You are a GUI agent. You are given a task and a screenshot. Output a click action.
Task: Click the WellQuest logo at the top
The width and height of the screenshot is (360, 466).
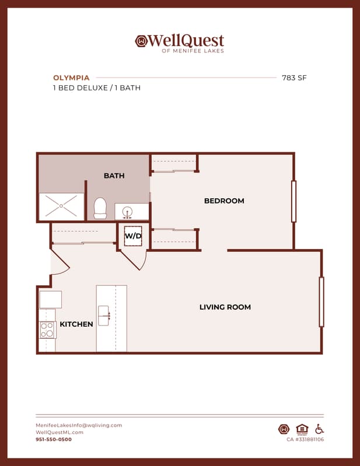point(180,43)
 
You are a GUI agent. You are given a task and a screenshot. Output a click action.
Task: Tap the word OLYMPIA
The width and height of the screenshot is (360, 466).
point(71,78)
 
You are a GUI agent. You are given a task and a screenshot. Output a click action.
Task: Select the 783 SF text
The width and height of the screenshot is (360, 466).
point(294,78)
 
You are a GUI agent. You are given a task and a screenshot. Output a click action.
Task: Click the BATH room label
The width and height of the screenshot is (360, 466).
point(114,176)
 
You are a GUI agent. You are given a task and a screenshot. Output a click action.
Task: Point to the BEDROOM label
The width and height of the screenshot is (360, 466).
point(224,201)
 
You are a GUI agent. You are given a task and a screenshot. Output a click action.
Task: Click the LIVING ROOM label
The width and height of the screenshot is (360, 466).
point(225,307)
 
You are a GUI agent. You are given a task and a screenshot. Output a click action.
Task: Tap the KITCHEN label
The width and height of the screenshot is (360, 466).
point(76,324)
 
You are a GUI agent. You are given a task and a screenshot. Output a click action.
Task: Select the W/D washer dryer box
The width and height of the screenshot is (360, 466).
point(133,236)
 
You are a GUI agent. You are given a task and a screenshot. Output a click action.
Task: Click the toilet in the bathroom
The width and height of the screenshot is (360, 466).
point(100,208)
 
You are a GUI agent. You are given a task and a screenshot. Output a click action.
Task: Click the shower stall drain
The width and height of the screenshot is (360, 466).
point(61,206)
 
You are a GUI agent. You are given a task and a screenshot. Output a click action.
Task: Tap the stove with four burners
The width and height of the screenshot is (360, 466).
point(47,330)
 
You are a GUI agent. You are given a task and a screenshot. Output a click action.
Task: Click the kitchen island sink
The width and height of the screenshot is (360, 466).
point(104,316)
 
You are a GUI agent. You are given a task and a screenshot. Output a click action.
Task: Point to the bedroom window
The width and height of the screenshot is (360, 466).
point(293,201)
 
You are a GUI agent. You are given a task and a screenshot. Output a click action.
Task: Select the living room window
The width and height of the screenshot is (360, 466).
point(321,302)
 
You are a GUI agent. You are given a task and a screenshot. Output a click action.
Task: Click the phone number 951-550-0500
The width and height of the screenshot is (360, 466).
point(54,439)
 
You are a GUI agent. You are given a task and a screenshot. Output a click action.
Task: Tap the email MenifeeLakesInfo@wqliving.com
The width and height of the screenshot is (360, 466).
point(79,425)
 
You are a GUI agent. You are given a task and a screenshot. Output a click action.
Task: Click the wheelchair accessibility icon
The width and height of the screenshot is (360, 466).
point(320,429)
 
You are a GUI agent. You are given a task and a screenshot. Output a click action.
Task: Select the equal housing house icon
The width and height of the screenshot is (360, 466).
point(302,429)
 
